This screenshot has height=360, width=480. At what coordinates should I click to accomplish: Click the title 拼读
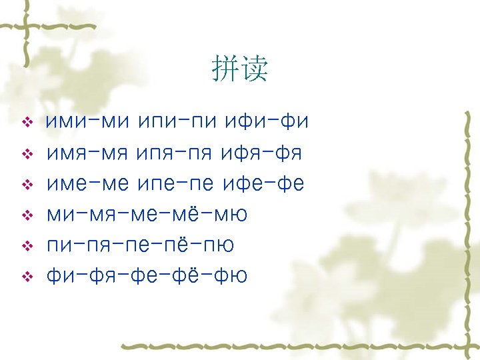[x=239, y=69]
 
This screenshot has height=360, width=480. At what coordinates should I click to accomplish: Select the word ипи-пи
[x=176, y=123]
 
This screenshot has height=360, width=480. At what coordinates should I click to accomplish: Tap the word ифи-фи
[x=265, y=123]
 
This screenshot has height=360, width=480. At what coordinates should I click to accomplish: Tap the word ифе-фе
[x=264, y=184]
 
